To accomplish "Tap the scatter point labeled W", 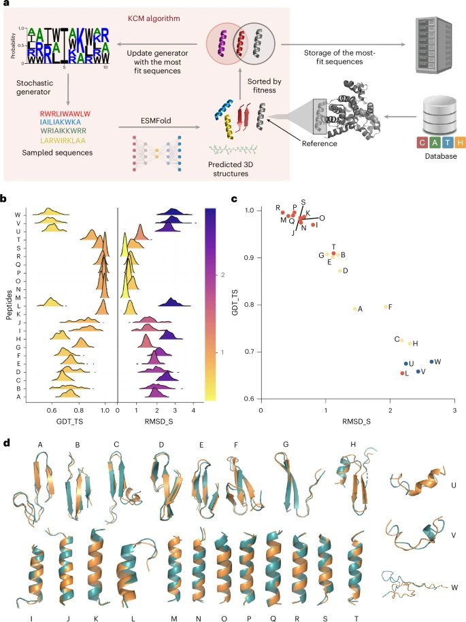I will coord(431,361).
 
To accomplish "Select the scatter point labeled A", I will coord(354,308).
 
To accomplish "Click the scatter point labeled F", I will coord(386,306).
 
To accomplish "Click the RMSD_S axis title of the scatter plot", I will coord(356,426).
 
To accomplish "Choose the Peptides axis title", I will coord(9,299).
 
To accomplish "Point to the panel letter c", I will coord(235,200).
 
